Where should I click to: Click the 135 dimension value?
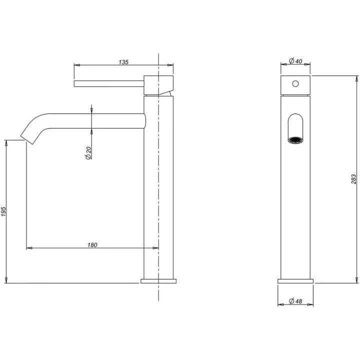(123, 62)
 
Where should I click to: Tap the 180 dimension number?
(92, 245)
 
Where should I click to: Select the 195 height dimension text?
(4, 211)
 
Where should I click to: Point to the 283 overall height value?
(354, 179)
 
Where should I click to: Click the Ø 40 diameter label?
(295, 61)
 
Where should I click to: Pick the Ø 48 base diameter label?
(295, 301)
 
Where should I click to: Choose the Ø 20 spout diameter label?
(88, 153)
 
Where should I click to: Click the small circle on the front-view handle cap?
(295, 83)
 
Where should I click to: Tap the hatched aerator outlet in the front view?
(295, 140)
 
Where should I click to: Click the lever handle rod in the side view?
(109, 84)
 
